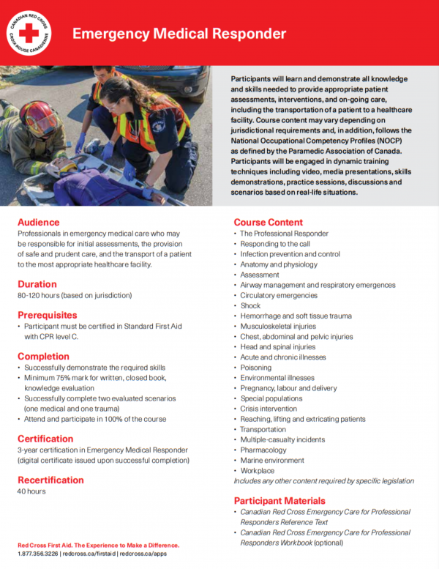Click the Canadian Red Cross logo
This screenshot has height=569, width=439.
29,33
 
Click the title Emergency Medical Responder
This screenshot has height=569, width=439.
179,34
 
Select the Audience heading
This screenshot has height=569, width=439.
39,222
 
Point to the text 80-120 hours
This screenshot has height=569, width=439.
44,295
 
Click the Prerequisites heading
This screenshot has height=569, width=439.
48,315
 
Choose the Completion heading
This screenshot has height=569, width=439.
43,356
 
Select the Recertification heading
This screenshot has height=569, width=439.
50,480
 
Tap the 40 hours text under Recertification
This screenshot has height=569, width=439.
31,491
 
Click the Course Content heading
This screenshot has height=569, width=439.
268,222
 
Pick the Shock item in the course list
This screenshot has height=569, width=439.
250,305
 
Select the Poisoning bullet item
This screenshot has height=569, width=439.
255,368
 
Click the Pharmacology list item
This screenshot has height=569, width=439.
263,450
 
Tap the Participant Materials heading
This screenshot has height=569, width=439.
279,500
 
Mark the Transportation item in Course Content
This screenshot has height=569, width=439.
263,429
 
